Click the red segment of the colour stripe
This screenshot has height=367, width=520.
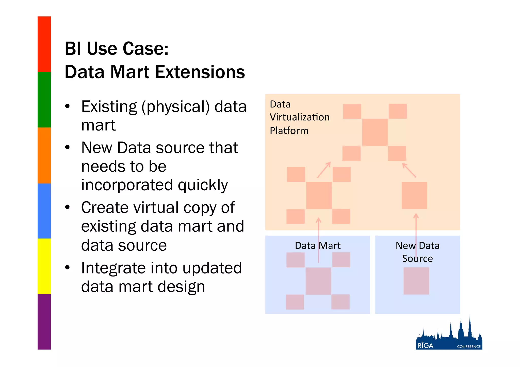coord(44,44)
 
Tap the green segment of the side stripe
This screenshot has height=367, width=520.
coord(44,100)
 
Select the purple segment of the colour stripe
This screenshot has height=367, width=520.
coord(44,322)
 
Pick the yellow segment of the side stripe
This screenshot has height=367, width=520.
coord(44,266)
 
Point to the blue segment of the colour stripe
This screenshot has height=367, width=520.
coord(44,211)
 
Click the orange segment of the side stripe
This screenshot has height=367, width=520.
coord(44,155)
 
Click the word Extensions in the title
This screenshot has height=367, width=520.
coord(200,72)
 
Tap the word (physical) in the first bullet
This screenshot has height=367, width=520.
coord(176,107)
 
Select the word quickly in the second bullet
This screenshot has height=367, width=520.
coord(203,185)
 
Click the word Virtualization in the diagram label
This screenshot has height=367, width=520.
coord(300,117)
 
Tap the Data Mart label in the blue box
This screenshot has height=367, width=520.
coord(318,246)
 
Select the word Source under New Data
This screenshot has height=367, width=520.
coord(417,259)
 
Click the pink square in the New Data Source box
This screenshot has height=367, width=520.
coord(416,281)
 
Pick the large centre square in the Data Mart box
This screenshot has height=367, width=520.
coord(318,281)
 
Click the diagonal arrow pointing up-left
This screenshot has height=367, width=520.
coord(409,170)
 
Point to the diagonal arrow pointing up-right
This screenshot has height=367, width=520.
coord(324,170)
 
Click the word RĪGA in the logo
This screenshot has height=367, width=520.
coord(426,346)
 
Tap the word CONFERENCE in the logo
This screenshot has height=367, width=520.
coord(469,347)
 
